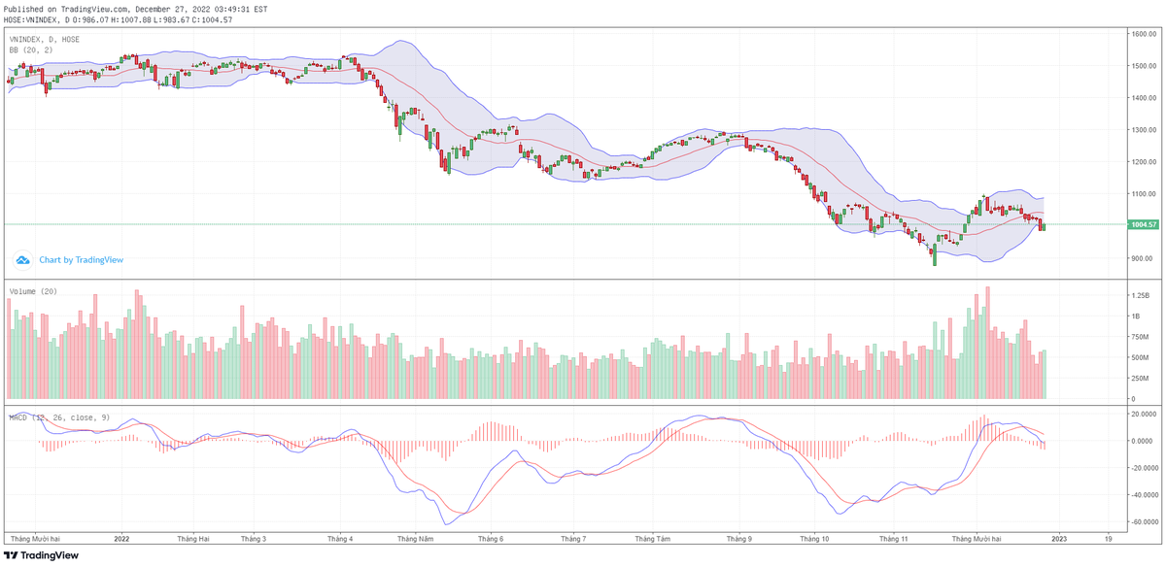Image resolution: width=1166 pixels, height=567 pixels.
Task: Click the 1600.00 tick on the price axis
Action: [1142, 34]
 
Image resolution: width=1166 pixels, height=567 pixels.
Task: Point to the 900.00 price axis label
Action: [1142, 258]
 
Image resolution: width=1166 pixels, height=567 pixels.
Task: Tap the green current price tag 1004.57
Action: [1144, 224]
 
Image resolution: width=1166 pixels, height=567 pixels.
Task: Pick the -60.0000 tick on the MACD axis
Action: [1144, 521]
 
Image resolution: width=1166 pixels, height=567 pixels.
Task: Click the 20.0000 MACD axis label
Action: [1144, 414]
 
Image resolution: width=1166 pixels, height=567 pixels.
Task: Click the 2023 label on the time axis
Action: [1059, 537]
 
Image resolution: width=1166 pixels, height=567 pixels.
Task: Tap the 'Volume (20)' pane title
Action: [33, 291]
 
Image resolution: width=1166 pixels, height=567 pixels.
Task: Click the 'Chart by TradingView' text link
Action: [81, 260]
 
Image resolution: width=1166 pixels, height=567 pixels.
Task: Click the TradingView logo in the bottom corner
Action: [41, 555]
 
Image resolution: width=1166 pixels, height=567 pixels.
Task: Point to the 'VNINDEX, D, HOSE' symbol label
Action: [45, 39]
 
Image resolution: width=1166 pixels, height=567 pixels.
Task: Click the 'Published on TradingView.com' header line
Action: [136, 9]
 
